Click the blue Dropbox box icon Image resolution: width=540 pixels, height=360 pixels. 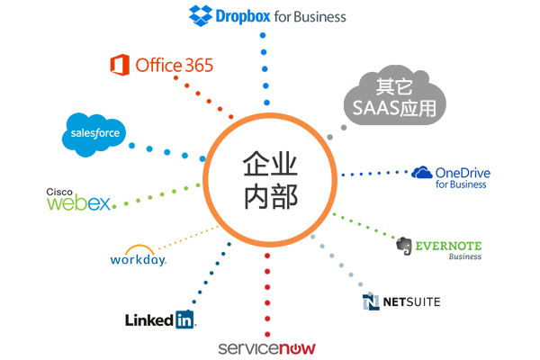[x=201, y=14]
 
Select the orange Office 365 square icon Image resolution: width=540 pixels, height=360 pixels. [x=118, y=65]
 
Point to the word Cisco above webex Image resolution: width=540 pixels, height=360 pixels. [x=58, y=191]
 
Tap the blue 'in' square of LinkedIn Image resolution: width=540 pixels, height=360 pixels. [x=185, y=319]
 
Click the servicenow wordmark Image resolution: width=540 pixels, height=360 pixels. [x=267, y=347]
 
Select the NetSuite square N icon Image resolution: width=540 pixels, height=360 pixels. [x=372, y=301]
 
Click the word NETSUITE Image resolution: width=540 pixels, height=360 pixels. [x=412, y=301]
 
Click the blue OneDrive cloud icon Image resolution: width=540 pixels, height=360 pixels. [x=421, y=172]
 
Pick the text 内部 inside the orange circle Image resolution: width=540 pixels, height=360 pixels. [x=270, y=197]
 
